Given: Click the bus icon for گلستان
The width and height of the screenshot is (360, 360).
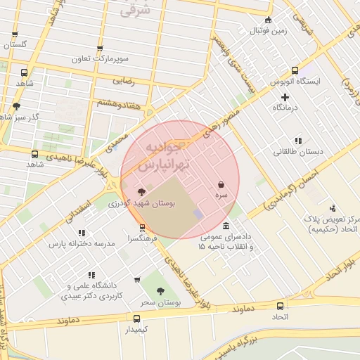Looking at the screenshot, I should click(15, 34).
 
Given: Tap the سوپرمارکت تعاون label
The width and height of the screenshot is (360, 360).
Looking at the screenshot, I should click(100, 60).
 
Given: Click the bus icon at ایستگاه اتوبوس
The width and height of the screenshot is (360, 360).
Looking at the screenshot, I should click(295, 70).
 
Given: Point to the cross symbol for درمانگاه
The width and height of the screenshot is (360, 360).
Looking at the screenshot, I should click(285, 97).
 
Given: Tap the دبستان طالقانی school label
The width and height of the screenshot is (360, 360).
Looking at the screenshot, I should click(299, 151).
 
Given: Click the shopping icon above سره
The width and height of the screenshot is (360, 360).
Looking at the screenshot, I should click(221, 184).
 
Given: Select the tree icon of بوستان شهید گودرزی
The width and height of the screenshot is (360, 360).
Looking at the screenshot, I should click(142, 192).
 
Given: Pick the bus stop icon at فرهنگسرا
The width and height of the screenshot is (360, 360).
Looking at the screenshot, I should click(143, 228).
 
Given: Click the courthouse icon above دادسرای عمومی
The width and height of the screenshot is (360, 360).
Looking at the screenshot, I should click(225, 226).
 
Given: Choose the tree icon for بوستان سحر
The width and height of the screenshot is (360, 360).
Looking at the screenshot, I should click(160, 290).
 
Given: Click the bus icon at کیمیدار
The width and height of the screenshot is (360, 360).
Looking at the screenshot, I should click(137, 319).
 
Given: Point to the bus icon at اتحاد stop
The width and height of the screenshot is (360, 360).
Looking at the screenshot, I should click(281, 307).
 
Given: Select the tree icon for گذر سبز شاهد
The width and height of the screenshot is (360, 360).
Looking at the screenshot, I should click(16, 106).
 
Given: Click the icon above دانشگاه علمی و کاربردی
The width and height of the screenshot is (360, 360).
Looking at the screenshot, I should click(91, 275).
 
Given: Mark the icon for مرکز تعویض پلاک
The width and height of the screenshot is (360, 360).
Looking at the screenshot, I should click(333, 208).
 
